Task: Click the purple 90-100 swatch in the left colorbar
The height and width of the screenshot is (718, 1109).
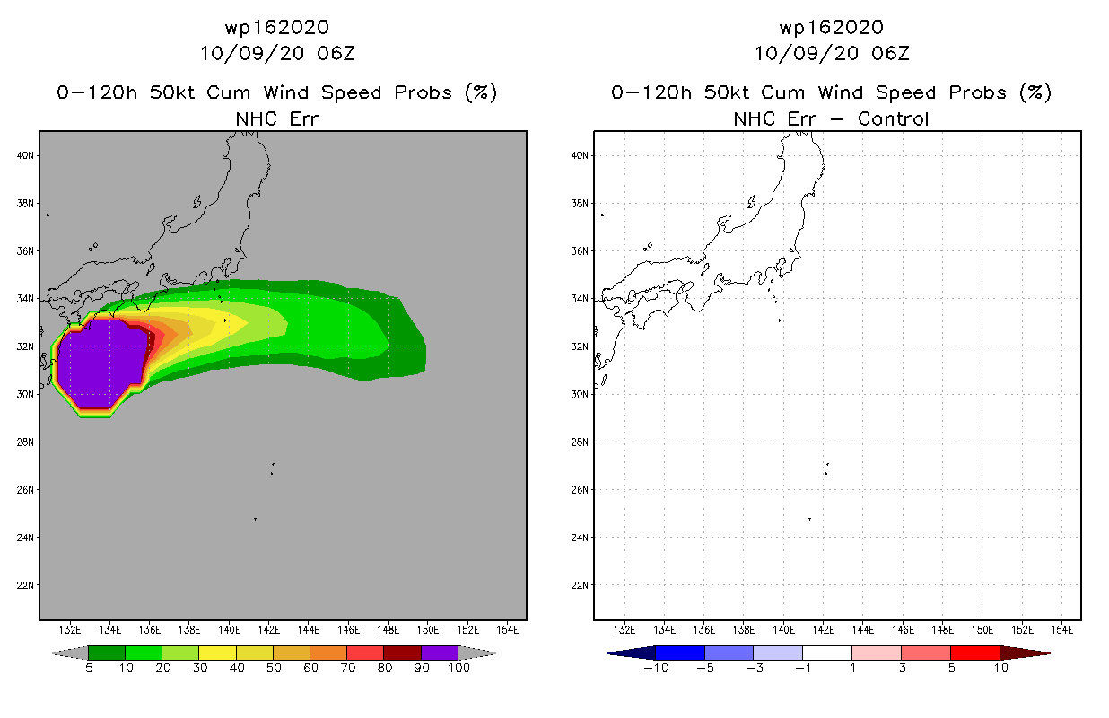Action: pyautogui.click(x=440, y=652)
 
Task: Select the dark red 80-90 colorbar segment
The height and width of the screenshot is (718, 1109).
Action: pyautogui.click(x=403, y=652)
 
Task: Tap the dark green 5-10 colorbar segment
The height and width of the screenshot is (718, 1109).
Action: pyautogui.click(x=107, y=652)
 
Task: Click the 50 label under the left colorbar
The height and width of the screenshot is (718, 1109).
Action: pyautogui.click(x=274, y=669)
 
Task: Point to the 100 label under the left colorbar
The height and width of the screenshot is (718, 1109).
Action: pyautogui.click(x=459, y=669)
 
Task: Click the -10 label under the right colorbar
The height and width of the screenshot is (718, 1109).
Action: pyautogui.click(x=656, y=669)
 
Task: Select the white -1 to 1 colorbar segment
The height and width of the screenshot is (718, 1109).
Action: pyautogui.click(x=827, y=652)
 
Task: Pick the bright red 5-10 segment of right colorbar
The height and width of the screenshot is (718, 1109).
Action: pyautogui.click(x=975, y=652)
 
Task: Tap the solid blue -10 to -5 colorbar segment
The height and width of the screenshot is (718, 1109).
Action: pyautogui.click(x=680, y=652)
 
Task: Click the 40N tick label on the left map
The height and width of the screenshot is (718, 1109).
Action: pyautogui.click(x=25, y=155)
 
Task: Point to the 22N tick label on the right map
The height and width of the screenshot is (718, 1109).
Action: pyautogui.click(x=580, y=585)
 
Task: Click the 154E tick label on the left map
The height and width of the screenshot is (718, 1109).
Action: pyautogui.click(x=508, y=630)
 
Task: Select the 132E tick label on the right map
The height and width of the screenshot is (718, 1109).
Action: pyautogui.click(x=624, y=630)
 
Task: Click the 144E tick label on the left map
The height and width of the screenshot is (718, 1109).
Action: pyautogui.click(x=309, y=630)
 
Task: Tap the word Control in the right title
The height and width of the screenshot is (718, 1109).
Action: pyautogui.click(x=893, y=119)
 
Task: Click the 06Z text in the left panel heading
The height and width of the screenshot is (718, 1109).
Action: pyautogui.click(x=336, y=54)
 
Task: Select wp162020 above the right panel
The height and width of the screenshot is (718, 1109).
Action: pyautogui.click(x=832, y=28)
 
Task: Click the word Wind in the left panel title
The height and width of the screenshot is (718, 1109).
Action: pyautogui.click(x=286, y=92)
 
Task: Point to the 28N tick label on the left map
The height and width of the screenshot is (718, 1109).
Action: pyautogui.click(x=25, y=442)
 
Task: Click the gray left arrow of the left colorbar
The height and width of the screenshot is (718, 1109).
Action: pyautogui.click(x=70, y=652)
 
